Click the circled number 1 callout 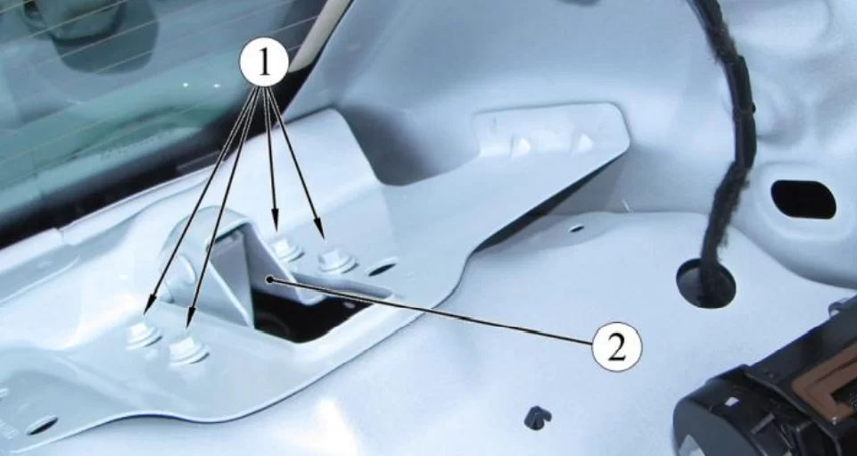pos(264,63)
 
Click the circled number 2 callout pos(616,346)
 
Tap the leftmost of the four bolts pos(144,335)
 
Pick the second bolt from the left pos(187,350)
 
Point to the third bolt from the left pos(286,250)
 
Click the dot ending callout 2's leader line pos(269,279)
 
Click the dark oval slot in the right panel pos(803,199)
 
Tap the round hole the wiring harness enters pos(705,283)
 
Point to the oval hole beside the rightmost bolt pos(382,269)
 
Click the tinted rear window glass pos(136,93)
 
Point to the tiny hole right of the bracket pos(576,228)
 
